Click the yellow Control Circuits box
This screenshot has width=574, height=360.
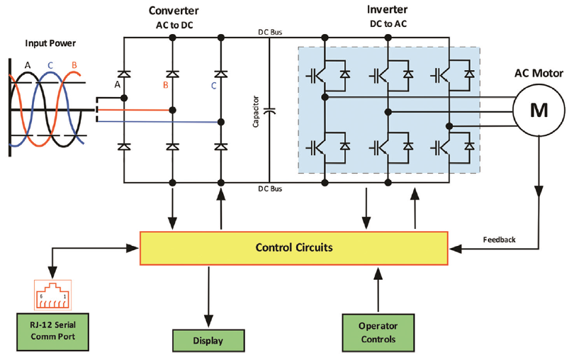(294, 248)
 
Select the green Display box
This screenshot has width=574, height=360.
(208, 340)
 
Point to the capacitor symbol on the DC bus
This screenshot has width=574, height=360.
(269, 111)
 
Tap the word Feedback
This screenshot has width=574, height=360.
(499, 240)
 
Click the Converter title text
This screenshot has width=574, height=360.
(174, 11)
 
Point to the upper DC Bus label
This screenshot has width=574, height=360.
(269, 32)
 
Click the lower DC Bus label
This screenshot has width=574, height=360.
(269, 189)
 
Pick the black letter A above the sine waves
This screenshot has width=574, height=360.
(28, 64)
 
